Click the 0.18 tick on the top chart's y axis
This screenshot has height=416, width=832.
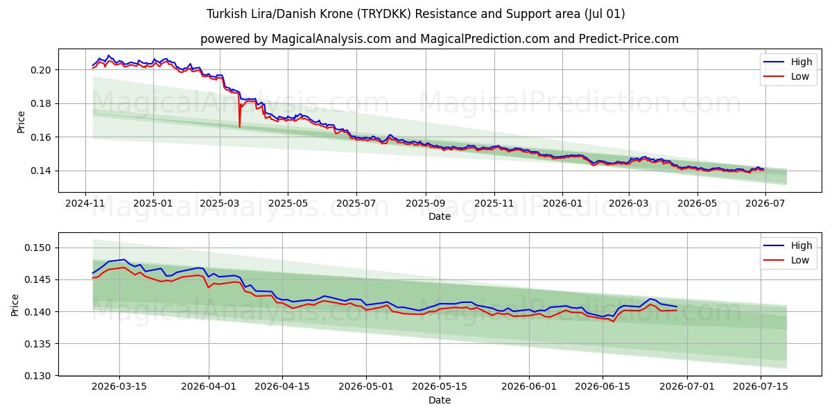click(41, 103)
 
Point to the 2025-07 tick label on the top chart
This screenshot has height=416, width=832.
click(356, 204)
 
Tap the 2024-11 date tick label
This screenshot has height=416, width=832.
click(85, 204)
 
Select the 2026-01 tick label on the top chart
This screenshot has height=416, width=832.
click(562, 204)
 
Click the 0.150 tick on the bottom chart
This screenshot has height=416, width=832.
click(38, 248)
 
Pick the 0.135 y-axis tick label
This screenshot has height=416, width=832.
click(38, 344)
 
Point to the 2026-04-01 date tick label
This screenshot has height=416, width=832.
click(209, 387)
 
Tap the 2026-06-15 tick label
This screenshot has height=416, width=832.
click(603, 387)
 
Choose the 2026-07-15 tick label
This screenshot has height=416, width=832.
click(761, 387)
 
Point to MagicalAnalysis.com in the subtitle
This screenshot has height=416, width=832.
click(331, 39)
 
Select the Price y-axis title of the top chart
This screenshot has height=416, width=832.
click(21, 122)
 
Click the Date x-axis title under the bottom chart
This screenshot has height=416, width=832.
click(440, 401)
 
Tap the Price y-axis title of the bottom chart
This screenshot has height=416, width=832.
click(15, 305)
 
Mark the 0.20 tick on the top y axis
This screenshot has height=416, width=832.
click(41, 70)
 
